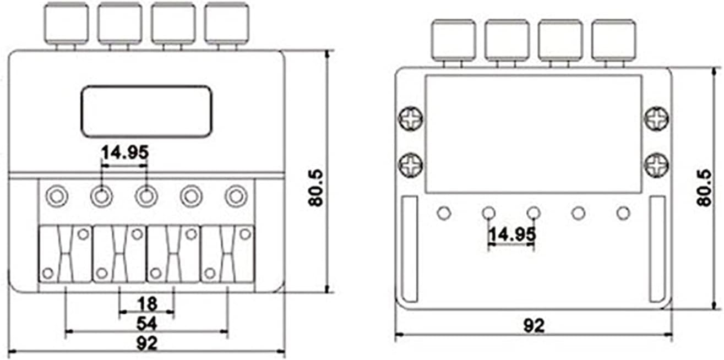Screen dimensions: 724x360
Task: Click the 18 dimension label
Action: tap(148, 303)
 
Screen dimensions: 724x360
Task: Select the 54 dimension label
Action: tap(147, 323)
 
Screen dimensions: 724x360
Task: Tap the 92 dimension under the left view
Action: tap(147, 343)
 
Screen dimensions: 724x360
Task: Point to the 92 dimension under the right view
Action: tap(534, 326)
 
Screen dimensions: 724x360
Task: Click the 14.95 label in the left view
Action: tap(125, 152)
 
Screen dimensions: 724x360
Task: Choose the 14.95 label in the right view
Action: tap(512, 234)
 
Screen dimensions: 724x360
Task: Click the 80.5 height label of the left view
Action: tap(316, 188)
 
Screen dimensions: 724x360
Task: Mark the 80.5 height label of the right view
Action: tap(704, 188)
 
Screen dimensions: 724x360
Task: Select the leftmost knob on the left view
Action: tap(67, 23)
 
